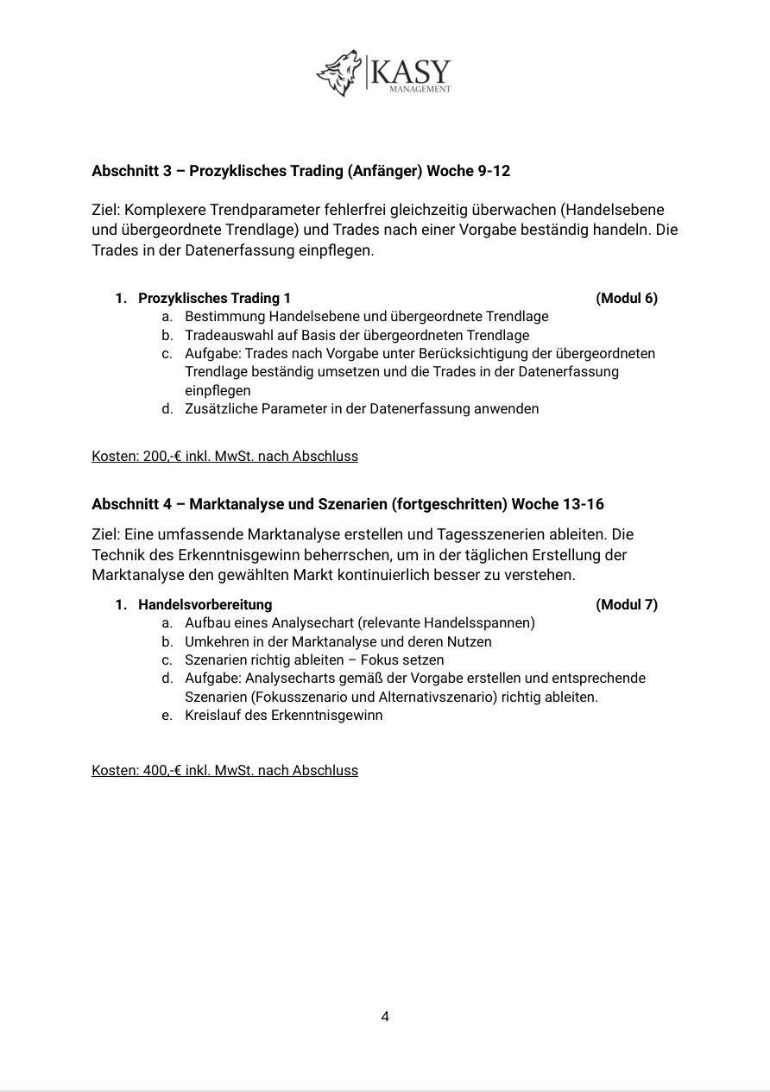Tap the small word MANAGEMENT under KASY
point(420,89)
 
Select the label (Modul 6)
point(626,299)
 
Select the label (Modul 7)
point(626,605)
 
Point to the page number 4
point(385,1017)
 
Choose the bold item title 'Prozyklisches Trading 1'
point(214,299)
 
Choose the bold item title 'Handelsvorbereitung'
point(205,605)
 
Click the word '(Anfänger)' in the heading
point(384,171)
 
